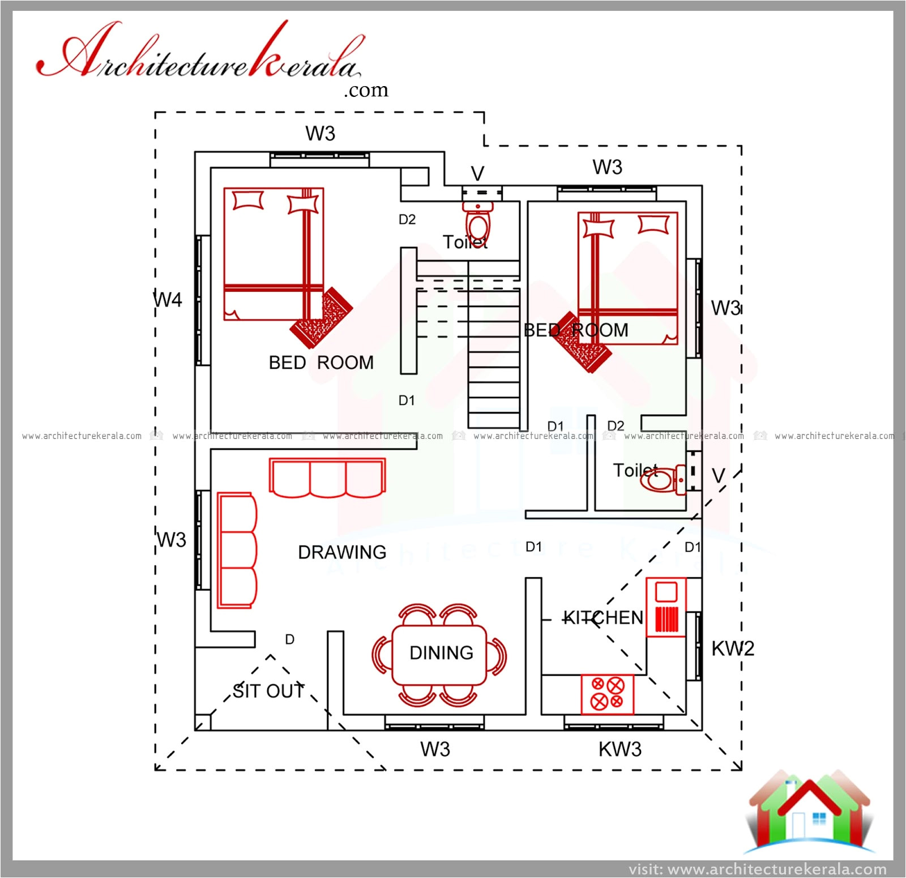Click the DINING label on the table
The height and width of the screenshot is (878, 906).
point(441,653)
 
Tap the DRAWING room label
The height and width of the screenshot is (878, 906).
point(342,552)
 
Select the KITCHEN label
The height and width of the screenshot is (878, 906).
point(603,617)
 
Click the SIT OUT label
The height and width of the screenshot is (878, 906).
point(268,691)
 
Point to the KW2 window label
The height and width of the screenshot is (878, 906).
point(733,649)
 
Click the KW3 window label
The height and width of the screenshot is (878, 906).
point(620,749)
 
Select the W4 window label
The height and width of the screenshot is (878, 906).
point(168,300)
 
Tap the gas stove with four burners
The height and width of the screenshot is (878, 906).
point(607,694)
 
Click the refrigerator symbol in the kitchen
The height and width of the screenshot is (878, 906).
point(666,607)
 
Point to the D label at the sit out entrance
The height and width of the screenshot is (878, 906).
point(289,640)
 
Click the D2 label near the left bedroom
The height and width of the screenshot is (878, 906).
point(407,219)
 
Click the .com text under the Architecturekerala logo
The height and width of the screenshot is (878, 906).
point(366,90)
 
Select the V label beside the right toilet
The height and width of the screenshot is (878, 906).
point(719,476)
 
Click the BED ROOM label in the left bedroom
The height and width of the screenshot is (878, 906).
point(320,363)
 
